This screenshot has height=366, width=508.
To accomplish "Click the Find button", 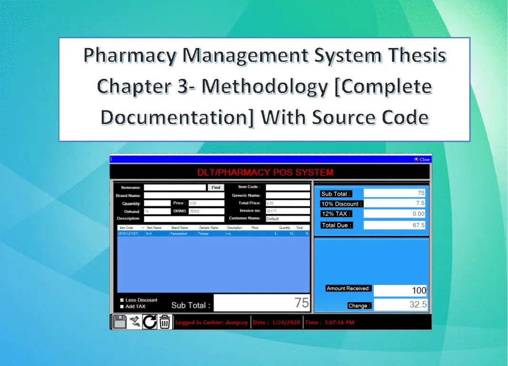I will [215, 188].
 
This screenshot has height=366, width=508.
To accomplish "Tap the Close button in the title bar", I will [422, 160].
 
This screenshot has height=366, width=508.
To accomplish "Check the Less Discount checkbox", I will [122, 300].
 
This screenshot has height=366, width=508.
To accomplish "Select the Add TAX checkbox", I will [122, 307].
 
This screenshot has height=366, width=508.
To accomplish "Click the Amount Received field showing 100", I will [400, 290].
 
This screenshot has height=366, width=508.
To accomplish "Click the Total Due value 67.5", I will [394, 225].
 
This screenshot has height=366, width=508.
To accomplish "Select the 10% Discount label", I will [342, 204].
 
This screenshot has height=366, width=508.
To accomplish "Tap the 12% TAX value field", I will [394, 214].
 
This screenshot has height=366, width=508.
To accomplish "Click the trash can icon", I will [165, 322].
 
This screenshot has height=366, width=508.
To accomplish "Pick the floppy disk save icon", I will [119, 322].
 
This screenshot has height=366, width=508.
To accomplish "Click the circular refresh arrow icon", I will [150, 322].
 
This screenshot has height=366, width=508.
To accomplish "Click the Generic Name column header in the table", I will [209, 228].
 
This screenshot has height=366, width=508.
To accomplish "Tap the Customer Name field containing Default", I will [288, 219].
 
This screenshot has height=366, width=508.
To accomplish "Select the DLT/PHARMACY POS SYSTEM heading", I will [265, 172].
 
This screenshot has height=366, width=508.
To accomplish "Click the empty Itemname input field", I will [175, 188].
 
